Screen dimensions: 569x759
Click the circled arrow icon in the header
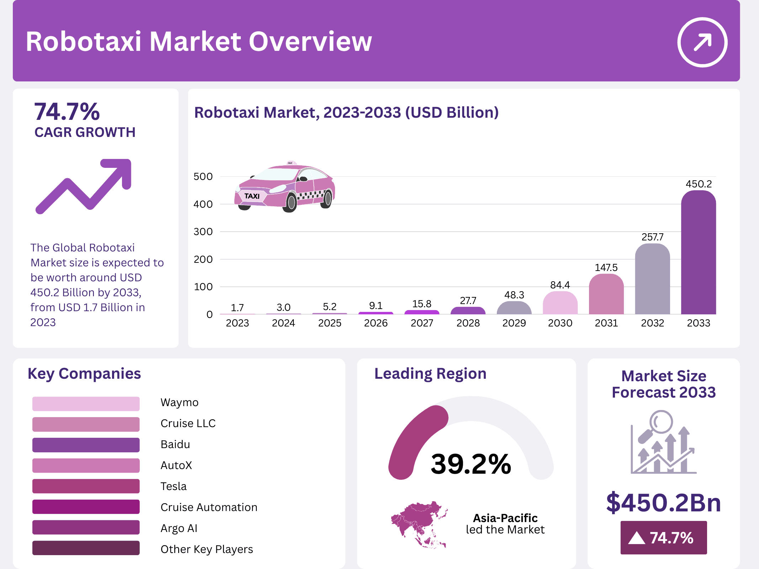[x=702, y=42]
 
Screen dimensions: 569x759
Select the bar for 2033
[x=698, y=252]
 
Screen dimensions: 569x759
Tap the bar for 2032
[x=652, y=279]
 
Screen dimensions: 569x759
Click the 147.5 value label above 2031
[x=606, y=267]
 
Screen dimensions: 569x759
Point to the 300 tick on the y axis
[x=203, y=232]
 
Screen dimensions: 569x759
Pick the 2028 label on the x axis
[x=468, y=323]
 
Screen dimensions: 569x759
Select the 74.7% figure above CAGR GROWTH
[x=67, y=112]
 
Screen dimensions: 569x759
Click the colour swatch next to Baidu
[x=86, y=445]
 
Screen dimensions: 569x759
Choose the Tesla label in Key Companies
[x=174, y=486]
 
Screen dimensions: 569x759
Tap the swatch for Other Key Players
[x=86, y=548]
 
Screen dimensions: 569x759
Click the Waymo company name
[x=179, y=402]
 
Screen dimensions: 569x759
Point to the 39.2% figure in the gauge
[x=471, y=464]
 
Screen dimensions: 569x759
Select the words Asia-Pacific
[x=505, y=518]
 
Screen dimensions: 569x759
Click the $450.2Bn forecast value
[x=663, y=502]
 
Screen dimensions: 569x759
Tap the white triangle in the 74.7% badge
[x=636, y=538]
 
